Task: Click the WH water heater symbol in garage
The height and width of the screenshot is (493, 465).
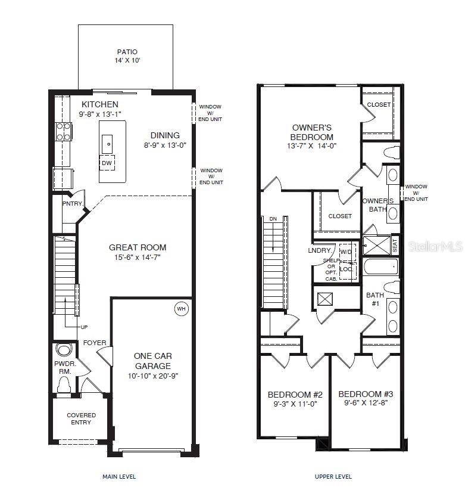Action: coord(180,309)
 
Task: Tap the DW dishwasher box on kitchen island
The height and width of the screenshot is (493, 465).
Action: coord(107,163)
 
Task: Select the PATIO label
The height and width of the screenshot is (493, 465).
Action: coord(127,52)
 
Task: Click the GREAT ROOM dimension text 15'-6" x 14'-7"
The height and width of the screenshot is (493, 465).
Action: coord(138,258)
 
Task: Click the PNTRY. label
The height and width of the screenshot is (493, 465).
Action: coord(73,203)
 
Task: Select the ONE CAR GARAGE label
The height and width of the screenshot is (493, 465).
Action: coord(152,361)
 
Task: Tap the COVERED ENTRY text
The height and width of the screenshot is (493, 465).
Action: coord(81,418)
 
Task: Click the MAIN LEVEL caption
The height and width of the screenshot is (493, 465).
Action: coord(119,476)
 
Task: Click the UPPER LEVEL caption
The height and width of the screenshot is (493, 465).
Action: coord(333,476)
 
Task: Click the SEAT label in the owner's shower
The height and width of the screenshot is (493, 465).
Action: coord(394,244)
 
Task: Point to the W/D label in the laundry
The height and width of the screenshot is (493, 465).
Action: coord(346,252)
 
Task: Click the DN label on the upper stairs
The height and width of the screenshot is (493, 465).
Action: coord(273,219)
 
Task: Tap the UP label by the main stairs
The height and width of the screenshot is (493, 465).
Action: coord(85,327)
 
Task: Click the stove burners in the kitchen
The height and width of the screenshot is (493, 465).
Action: coord(63,131)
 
